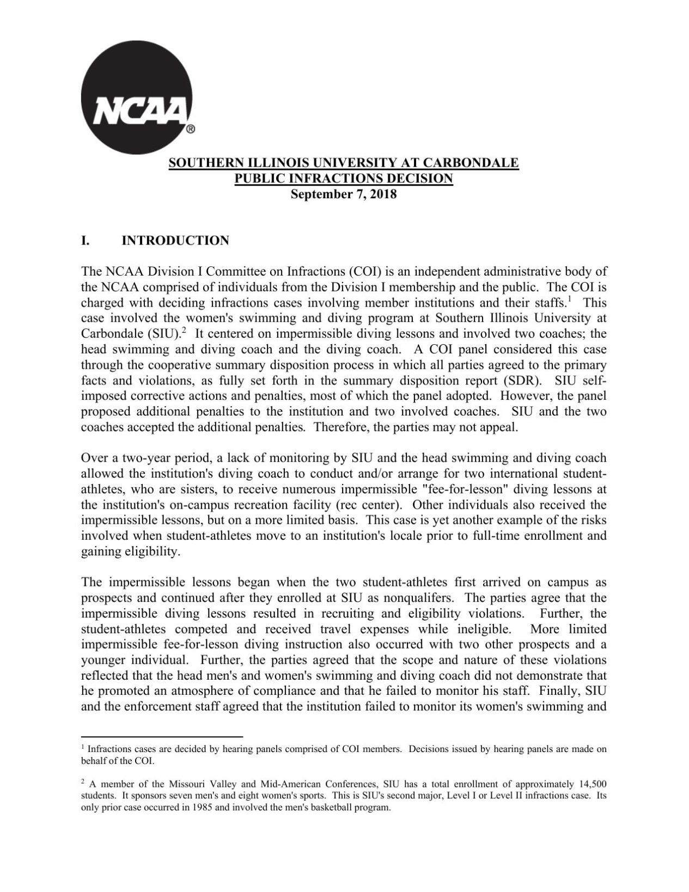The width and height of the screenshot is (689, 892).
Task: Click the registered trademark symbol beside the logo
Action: coord(191,130)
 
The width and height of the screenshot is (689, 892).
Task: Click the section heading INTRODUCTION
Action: coord(175,241)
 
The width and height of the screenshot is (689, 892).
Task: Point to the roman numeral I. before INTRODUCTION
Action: coord(86,241)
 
